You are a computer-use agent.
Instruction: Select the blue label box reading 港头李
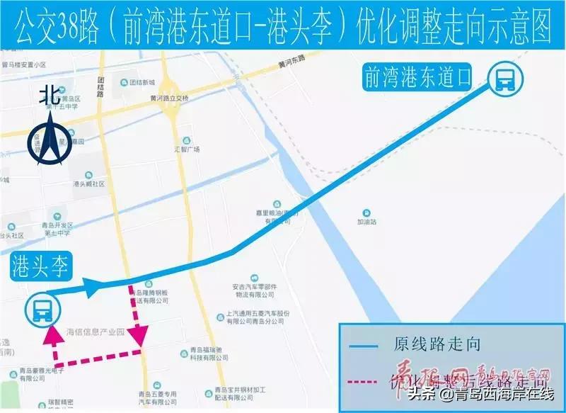tap(40, 268)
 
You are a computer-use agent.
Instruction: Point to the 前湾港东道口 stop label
tap(417, 77)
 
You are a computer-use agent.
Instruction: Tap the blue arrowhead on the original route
tap(92, 287)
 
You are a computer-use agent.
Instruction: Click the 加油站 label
tap(366, 222)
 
